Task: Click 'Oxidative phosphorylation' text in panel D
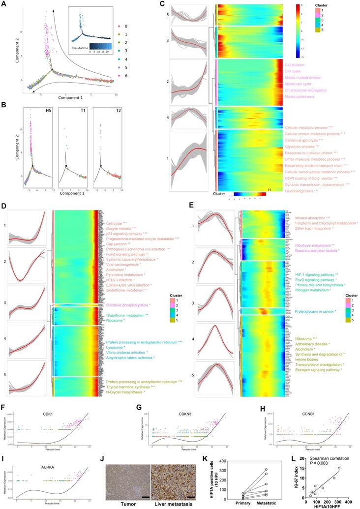point(127,305)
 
